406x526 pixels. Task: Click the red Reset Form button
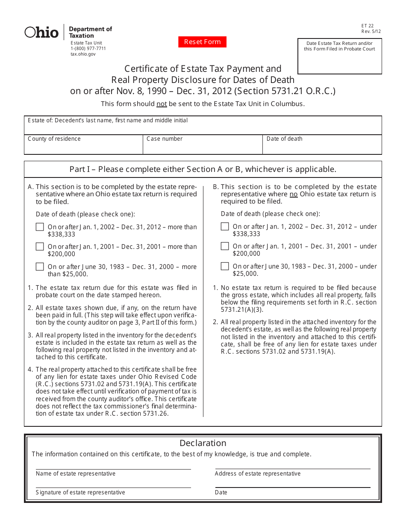[202, 42]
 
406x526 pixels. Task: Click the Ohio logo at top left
[41, 33]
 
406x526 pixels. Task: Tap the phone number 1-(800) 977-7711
[88, 49]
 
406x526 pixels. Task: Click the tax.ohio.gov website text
[83, 54]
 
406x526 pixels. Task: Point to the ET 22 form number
[367, 26]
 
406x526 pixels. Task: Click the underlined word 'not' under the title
[161, 104]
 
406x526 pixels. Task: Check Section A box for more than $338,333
[40, 227]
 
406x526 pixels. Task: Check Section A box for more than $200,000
[40, 247]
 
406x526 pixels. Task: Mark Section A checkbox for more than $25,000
[40, 267]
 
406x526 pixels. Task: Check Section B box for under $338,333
[225, 227]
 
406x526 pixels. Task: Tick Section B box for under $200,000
[225, 246]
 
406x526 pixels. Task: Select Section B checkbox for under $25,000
[225, 266]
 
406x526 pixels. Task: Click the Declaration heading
[203, 443]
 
